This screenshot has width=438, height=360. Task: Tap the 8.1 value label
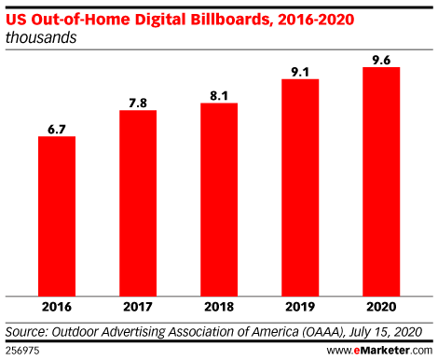[219, 94]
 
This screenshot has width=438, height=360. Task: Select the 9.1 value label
[300, 71]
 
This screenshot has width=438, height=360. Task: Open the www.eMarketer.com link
[380, 350]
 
